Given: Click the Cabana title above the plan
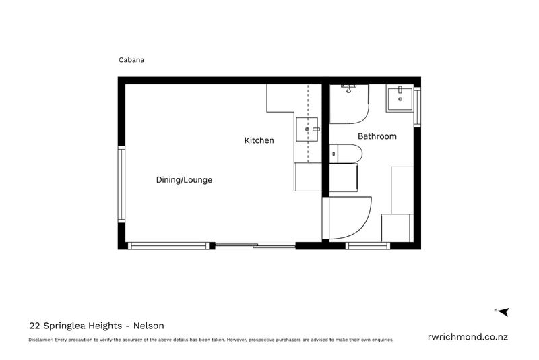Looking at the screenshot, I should (x=132, y=59).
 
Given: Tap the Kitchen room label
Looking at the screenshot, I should (x=259, y=140).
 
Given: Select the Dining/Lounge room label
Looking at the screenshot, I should (x=184, y=180).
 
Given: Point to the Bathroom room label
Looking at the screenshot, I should (x=377, y=136).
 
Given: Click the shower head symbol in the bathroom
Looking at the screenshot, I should (x=348, y=87).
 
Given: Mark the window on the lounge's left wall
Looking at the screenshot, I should (x=122, y=185).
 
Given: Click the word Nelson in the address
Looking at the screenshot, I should (x=149, y=325).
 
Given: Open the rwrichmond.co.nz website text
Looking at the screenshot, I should (x=469, y=337).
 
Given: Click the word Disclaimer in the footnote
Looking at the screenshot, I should (x=41, y=340).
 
